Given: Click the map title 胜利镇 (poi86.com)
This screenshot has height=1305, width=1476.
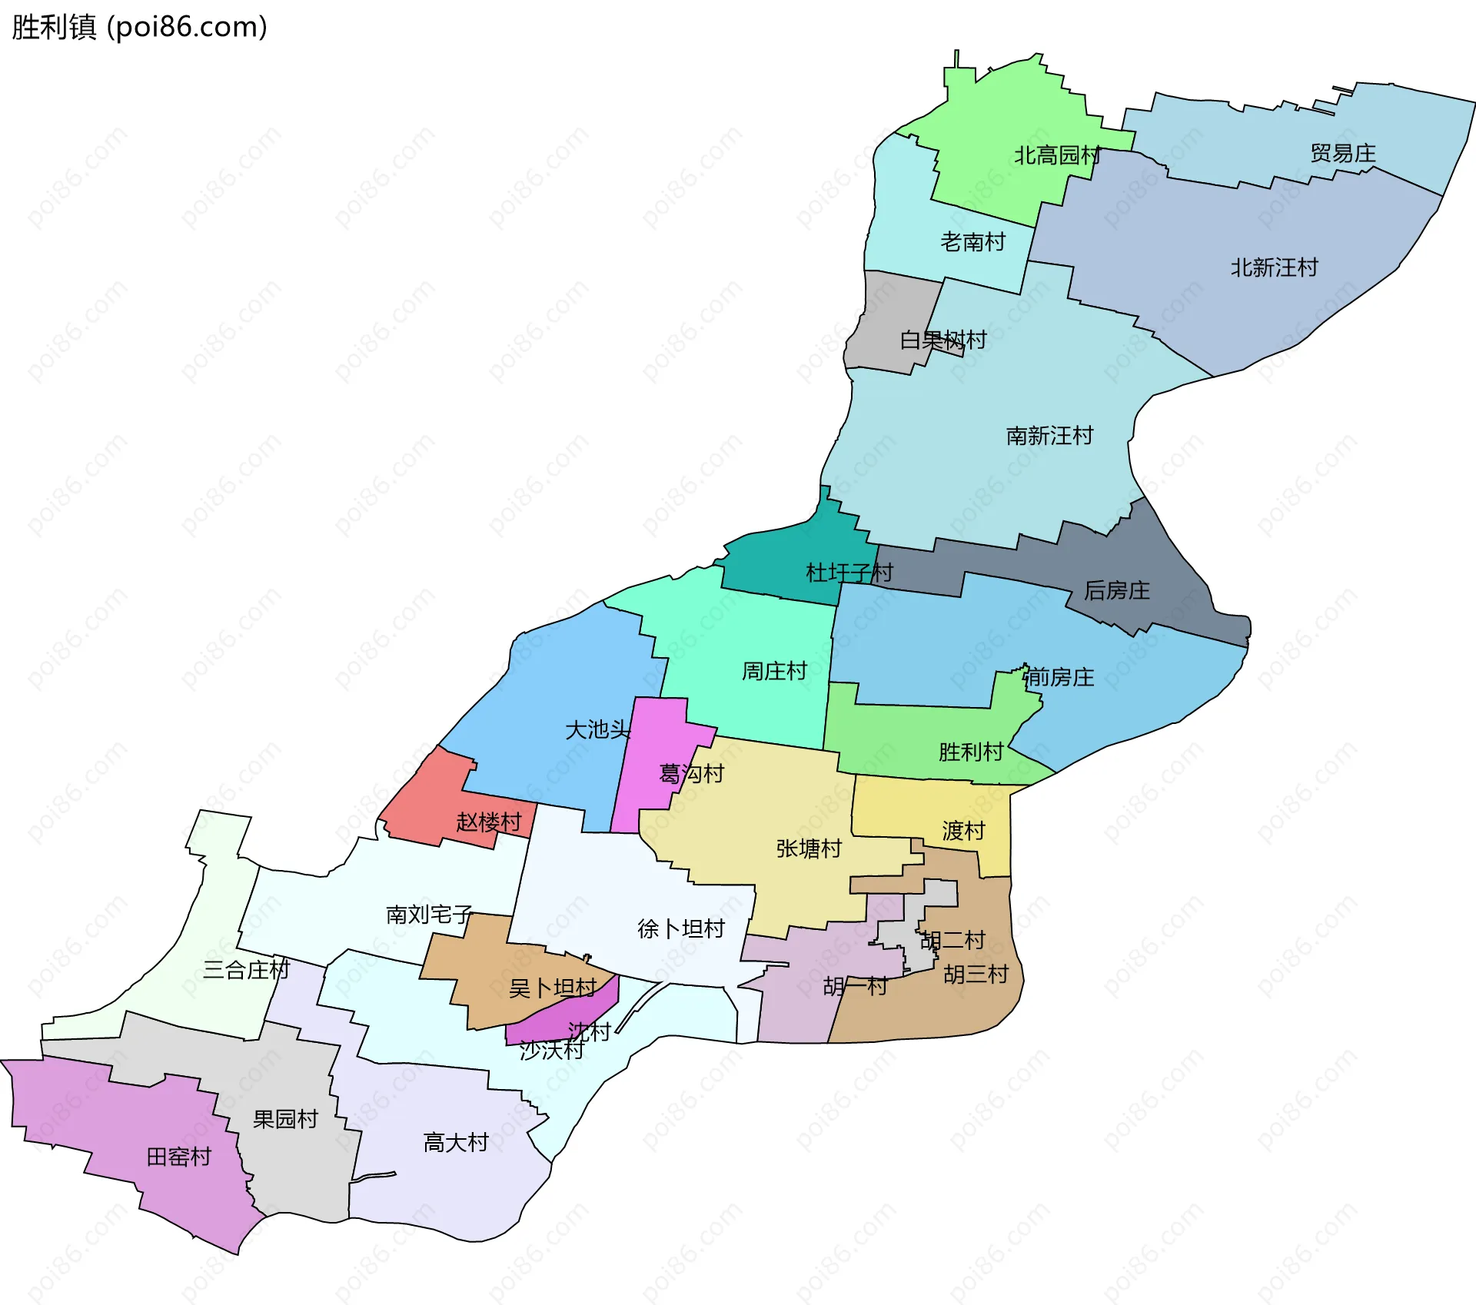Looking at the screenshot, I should click(x=139, y=27).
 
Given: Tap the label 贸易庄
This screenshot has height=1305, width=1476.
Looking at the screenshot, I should click(x=1342, y=154).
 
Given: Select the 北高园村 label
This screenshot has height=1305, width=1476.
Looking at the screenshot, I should click(x=1057, y=156).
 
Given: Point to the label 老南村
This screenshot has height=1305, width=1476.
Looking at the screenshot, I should click(x=972, y=242).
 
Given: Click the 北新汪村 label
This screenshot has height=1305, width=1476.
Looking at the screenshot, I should click(x=1274, y=267).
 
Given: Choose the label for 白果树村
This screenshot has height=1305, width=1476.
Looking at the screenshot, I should click(x=943, y=340).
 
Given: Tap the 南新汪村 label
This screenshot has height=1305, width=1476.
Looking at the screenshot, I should click(x=1049, y=436).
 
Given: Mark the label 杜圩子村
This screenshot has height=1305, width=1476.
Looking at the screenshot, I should click(x=849, y=573).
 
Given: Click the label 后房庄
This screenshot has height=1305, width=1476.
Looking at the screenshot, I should click(x=1116, y=590).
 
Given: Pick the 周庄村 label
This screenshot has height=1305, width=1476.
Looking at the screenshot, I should click(x=774, y=671).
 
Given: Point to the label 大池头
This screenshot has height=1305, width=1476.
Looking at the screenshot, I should click(x=597, y=729).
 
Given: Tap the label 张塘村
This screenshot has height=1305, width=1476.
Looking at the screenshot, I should click(x=809, y=848).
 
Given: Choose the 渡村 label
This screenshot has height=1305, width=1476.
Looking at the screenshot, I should click(x=963, y=831).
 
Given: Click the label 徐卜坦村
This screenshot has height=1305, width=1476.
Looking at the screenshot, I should click(x=680, y=928).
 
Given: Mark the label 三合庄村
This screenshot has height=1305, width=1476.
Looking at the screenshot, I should click(x=246, y=970).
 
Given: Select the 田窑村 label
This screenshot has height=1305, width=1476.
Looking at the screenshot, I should click(x=178, y=1157).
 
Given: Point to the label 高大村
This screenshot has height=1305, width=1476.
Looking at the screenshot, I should click(x=456, y=1143).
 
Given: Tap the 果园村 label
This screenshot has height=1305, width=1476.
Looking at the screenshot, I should click(x=285, y=1119).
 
